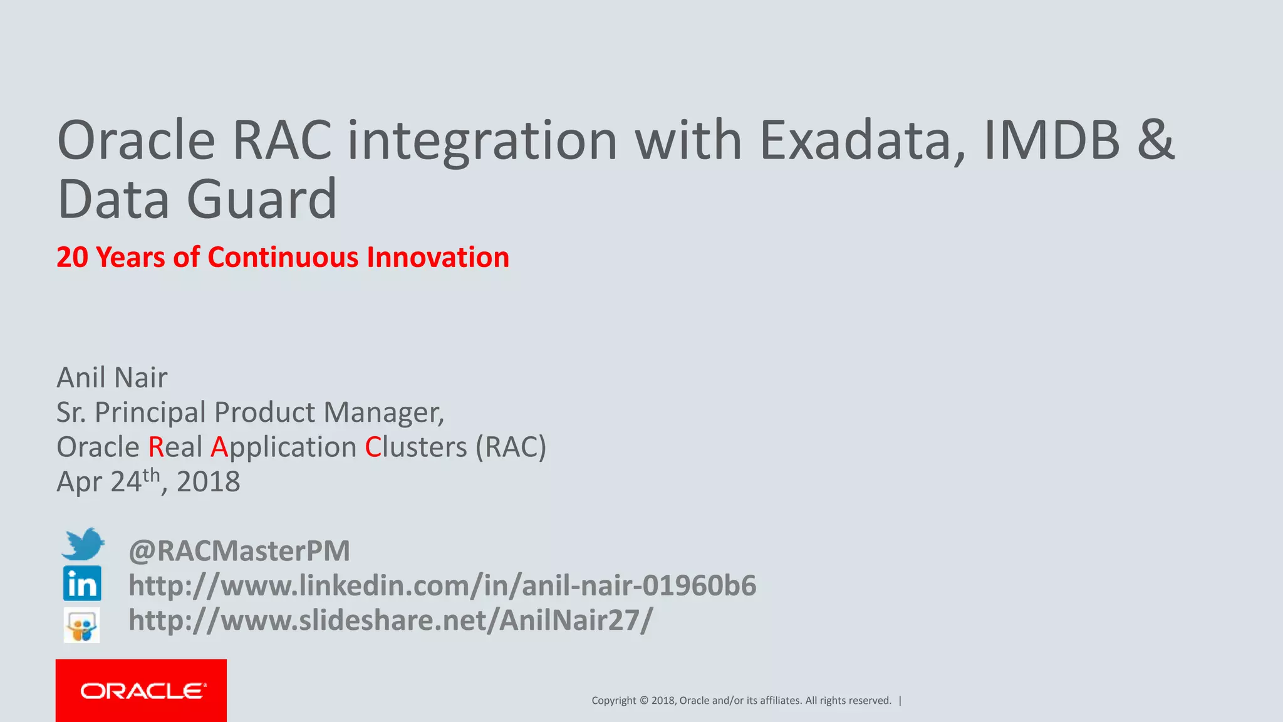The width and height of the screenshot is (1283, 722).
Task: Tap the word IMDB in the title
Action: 1052,141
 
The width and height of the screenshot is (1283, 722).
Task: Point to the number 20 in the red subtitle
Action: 72,258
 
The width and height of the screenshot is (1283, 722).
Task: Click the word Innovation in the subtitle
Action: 438,258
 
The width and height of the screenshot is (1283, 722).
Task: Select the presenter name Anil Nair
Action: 112,378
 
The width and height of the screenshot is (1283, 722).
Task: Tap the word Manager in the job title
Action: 383,412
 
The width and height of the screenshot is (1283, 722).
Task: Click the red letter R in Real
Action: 155,447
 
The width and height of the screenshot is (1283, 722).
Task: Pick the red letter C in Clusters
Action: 373,447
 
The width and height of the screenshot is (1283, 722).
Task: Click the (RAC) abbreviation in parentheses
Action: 511,447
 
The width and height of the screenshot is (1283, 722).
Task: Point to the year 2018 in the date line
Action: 208,482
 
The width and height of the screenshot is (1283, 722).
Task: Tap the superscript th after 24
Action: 152,475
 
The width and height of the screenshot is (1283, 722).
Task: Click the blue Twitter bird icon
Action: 83,544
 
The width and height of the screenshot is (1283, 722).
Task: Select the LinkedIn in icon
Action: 82,583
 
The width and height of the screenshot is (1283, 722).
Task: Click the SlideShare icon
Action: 81,625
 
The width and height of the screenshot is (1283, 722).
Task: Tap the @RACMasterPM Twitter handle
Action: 239,551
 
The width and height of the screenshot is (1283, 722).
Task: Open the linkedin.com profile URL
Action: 442,585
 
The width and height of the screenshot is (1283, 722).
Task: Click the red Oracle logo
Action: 142,691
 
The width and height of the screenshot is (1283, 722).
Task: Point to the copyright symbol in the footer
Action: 643,701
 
